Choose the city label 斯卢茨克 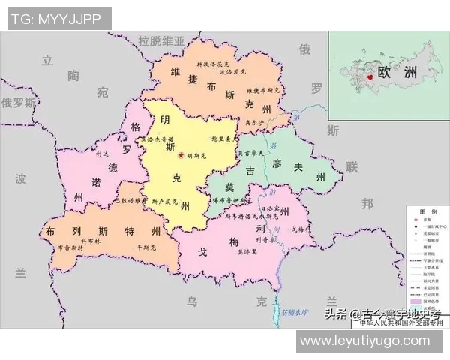pyautogui.click(x=165, y=202)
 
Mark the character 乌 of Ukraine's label pyautogui.click(x=193, y=301)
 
